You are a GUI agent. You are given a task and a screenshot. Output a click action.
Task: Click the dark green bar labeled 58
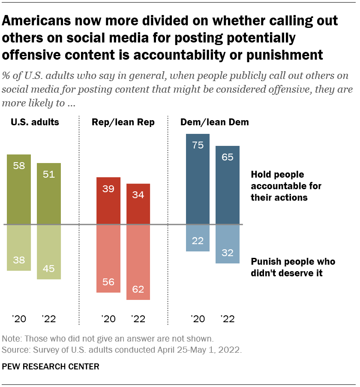pos(19,189)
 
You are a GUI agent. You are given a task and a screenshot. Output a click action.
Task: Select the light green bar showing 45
pos(49,251)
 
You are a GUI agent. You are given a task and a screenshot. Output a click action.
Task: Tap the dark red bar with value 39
pos(108,200)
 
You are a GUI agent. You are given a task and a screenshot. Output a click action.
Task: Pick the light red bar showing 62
pos(138,262)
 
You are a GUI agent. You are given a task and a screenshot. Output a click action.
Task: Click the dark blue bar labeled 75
pos(198,179)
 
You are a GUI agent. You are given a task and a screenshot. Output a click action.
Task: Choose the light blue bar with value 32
pos(227,243)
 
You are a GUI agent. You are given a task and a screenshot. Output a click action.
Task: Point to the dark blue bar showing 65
pos(227,185)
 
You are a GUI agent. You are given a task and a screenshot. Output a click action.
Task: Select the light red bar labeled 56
pos(108,258)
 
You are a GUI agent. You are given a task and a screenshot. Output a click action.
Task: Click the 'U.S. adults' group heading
pos(35,122)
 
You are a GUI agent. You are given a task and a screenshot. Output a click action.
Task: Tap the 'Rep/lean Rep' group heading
pos(123,122)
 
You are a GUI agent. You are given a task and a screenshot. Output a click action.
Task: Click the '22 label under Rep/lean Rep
pos(138,319)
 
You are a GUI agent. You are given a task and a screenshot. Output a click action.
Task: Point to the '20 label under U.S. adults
pos(19,319)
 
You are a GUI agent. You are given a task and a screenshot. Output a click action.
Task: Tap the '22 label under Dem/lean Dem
pos(227,319)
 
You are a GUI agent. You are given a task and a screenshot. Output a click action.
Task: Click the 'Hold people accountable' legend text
pos(286,186)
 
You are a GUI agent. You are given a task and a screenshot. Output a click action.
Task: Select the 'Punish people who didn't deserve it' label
pos(292,267)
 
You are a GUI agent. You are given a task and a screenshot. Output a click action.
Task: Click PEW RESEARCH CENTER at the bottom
pos(51,366)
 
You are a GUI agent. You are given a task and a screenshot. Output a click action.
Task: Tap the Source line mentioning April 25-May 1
pos(122,350)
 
